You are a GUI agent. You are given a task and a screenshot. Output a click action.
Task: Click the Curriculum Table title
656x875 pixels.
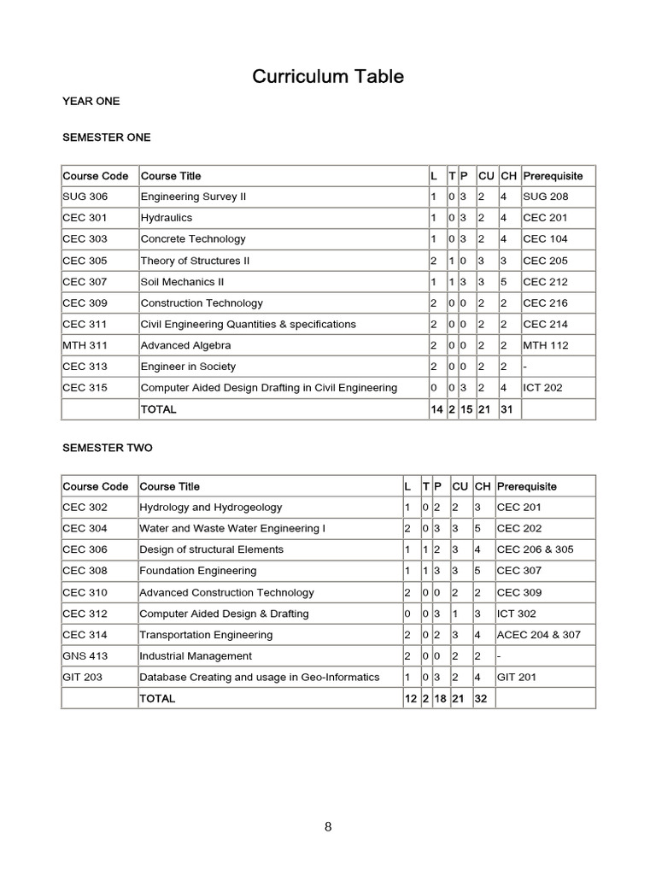(x=328, y=77)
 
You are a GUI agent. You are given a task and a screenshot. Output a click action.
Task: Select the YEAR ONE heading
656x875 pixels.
(x=91, y=102)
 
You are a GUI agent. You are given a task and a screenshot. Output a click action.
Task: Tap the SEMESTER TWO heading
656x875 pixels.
(x=108, y=448)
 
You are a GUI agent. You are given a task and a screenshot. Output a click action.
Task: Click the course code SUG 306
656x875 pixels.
(x=85, y=197)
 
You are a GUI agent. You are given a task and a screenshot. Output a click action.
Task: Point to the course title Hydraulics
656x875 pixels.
(x=167, y=218)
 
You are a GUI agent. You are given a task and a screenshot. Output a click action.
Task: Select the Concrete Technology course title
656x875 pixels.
(x=193, y=239)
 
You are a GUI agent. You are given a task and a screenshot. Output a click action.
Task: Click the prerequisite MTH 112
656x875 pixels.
(x=545, y=345)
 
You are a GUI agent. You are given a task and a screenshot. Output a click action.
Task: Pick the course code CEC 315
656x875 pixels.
(x=85, y=388)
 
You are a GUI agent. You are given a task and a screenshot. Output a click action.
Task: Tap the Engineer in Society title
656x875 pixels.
(x=187, y=367)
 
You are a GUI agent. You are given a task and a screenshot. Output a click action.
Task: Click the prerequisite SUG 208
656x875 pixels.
(x=545, y=197)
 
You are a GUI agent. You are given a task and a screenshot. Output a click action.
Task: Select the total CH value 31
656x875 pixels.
(x=507, y=409)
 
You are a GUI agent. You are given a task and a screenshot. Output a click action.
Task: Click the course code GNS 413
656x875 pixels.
(x=85, y=656)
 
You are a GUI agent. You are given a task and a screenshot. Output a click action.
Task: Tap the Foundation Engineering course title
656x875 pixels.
(x=197, y=571)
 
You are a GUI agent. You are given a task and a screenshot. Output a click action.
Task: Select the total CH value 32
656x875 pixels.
(x=482, y=699)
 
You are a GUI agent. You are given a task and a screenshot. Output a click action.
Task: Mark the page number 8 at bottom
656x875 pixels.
(x=328, y=826)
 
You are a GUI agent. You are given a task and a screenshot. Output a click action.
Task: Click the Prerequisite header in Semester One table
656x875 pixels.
(x=553, y=176)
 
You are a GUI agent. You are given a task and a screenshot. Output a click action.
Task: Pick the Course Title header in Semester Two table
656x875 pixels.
(x=170, y=486)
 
